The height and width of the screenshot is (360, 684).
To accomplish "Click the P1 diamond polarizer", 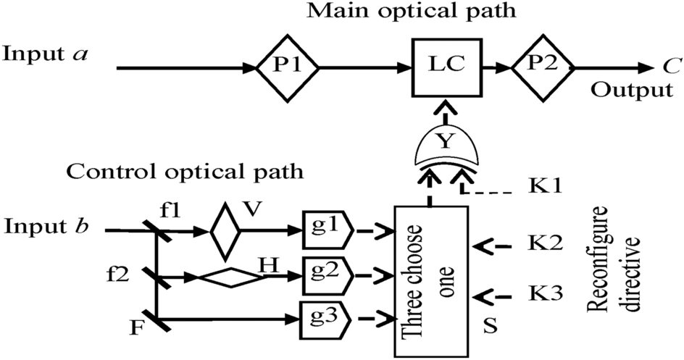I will tap(288, 70).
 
